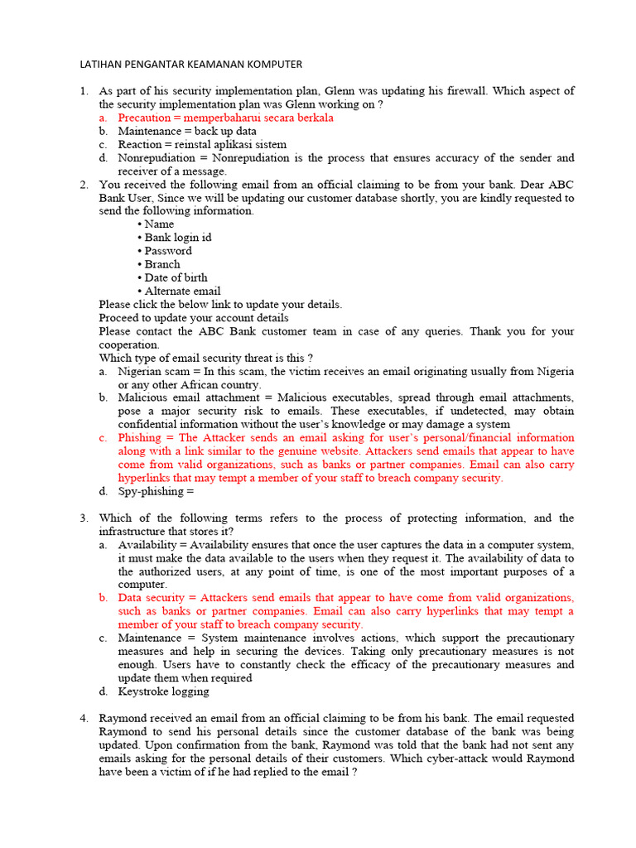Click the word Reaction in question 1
pos(140,144)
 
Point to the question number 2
pos(84,185)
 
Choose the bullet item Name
pos(159,224)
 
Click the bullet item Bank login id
pos(177,237)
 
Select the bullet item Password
pos(168,250)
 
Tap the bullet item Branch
pos(162,264)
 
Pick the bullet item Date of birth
pos(176,277)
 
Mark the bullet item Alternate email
pos(182,291)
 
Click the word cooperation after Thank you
pos(128,344)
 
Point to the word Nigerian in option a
pos(141,371)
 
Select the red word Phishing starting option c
pos(140,437)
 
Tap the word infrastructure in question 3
pos(137,531)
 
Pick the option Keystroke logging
pos(163,691)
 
